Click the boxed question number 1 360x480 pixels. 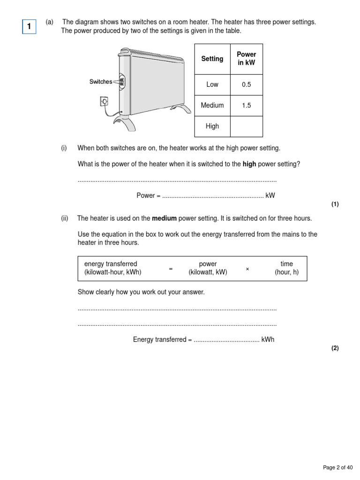pyautogui.click(x=29, y=27)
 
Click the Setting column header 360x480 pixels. pyautogui.click(x=212, y=59)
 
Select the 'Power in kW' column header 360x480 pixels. pyautogui.click(x=246, y=59)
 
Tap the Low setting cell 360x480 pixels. pyautogui.click(x=212, y=85)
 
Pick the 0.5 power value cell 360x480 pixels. pyautogui.click(x=246, y=85)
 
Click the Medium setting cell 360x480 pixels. pyautogui.click(x=212, y=105)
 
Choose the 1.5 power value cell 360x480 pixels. pyautogui.click(x=246, y=105)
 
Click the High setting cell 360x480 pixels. pyautogui.click(x=212, y=126)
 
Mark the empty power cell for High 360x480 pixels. pyautogui.click(x=246, y=126)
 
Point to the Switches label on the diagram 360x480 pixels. pyautogui.click(x=100, y=82)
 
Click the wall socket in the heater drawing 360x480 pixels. pyautogui.click(x=104, y=100)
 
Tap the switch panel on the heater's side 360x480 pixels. pyautogui.click(x=122, y=82)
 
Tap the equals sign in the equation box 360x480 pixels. pyautogui.click(x=171, y=269)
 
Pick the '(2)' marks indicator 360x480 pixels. pyautogui.click(x=335, y=348)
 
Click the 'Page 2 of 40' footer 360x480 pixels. pyautogui.click(x=337, y=467)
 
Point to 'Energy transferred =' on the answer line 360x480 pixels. pyautogui.click(x=162, y=340)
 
